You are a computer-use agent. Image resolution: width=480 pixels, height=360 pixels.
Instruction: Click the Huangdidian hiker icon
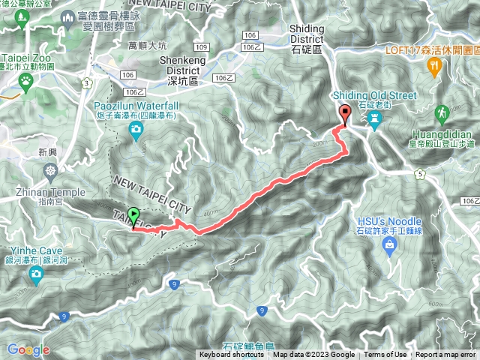point(443,113)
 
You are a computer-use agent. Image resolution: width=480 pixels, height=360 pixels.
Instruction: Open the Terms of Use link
point(385,355)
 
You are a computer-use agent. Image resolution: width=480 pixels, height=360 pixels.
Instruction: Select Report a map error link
point(446,355)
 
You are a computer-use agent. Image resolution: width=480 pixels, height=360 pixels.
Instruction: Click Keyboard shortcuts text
point(232,355)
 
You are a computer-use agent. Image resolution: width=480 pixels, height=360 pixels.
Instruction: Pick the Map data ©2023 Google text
point(313,355)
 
